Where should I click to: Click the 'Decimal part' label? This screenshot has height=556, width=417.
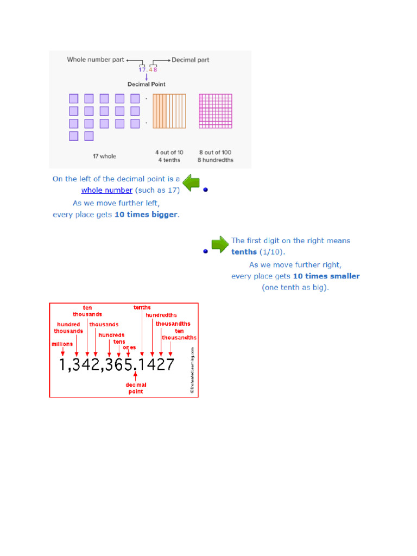click(x=191, y=60)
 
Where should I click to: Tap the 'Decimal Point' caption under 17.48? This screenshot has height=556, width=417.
click(x=147, y=84)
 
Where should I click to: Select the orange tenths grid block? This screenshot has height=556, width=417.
click(x=169, y=111)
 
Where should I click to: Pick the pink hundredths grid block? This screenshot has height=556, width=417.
click(x=216, y=111)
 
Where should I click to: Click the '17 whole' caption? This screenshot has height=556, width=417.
click(x=104, y=156)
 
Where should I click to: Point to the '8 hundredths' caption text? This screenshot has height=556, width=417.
click(x=216, y=160)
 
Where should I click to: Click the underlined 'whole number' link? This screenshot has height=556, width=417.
click(x=107, y=190)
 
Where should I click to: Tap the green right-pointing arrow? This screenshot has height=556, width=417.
click(x=220, y=245)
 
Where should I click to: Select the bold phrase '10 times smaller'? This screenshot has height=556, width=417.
click(x=329, y=276)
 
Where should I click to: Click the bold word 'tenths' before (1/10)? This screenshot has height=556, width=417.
click(x=244, y=252)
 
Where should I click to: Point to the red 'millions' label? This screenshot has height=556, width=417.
click(x=62, y=344)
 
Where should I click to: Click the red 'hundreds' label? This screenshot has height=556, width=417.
click(x=111, y=335)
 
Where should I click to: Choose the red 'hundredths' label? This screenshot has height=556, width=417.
click(x=161, y=315)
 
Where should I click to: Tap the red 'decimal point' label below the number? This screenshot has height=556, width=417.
click(x=136, y=388)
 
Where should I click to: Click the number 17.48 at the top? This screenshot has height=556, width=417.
click(x=147, y=69)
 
